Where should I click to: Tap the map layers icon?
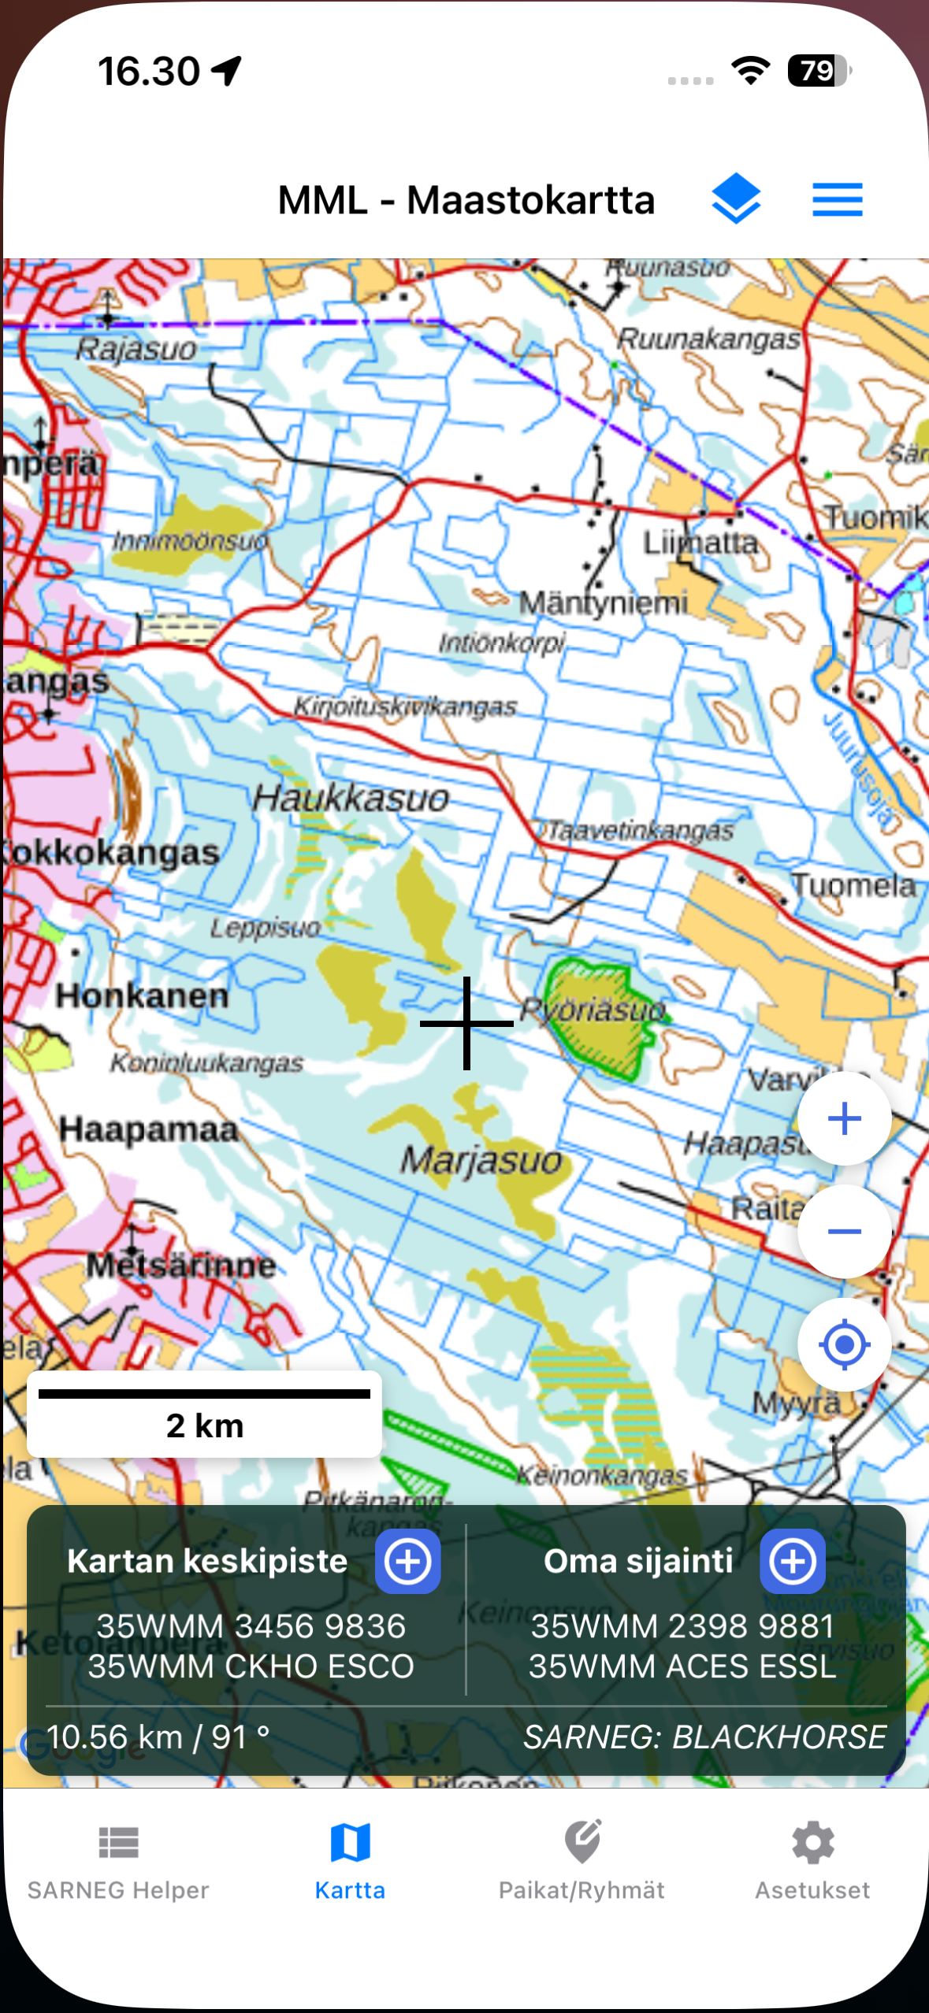coord(735,198)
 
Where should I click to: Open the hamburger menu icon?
coord(837,199)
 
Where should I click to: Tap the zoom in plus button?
coord(844,1118)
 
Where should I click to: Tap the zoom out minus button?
coord(844,1231)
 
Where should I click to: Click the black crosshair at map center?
coord(466,1023)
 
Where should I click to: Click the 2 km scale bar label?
coord(205,1425)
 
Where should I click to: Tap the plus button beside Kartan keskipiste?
coord(407,1561)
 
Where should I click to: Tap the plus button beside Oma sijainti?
coord(792,1561)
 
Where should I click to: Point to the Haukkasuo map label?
coord(351,799)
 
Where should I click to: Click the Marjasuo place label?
coord(481,1161)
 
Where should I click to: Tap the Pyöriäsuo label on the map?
coord(593,1009)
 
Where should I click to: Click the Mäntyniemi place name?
coord(603,603)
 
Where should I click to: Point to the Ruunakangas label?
coord(708,339)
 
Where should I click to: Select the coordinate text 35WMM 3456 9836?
coord(251,1626)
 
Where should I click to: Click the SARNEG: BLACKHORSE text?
coord(704,1737)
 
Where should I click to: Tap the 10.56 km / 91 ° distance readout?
coord(158,1737)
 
